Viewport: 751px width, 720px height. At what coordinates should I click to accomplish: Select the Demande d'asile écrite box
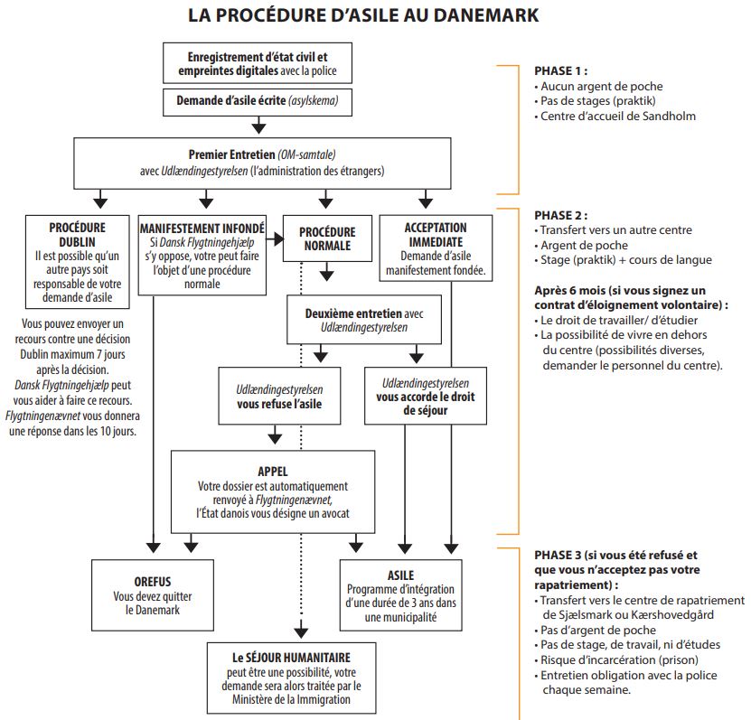258,102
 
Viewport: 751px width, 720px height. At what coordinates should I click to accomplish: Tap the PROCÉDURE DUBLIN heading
77,235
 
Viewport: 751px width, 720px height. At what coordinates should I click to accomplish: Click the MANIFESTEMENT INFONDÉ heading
202,229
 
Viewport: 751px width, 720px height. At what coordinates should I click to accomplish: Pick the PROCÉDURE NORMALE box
327,238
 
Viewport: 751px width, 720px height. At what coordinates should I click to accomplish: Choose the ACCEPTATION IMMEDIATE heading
436,235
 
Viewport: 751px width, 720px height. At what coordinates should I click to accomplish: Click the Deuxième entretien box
364,320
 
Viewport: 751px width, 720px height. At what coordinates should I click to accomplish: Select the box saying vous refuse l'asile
279,396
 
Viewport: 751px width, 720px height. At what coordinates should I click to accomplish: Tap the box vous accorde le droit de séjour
426,396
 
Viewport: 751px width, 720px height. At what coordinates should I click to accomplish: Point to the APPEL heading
273,472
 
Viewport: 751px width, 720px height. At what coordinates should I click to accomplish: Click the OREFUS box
153,595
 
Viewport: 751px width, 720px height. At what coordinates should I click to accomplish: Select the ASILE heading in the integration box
400,575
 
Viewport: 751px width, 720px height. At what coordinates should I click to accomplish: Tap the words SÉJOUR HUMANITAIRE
298,658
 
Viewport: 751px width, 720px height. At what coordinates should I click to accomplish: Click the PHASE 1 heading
561,70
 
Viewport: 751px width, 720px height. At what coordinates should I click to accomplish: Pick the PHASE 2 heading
561,215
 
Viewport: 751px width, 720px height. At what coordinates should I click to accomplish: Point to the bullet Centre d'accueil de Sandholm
615,116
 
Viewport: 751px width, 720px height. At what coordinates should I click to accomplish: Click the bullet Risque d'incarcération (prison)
616,659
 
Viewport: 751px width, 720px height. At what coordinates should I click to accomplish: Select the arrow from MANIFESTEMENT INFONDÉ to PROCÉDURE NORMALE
275,238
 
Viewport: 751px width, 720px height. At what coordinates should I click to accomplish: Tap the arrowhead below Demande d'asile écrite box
258,126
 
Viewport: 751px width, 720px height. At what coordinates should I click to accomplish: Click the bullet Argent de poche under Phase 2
581,245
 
